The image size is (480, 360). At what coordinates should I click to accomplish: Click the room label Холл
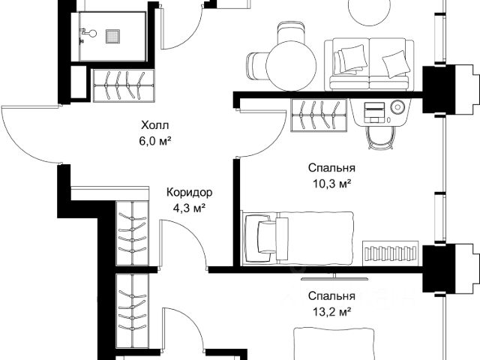[x=155, y=125]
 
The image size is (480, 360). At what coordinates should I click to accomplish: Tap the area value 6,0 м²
[x=154, y=141]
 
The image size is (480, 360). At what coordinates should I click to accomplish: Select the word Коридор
[x=189, y=193]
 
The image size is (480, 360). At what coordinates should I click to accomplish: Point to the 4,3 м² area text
[x=189, y=208]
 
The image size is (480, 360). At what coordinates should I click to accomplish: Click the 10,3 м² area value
[x=331, y=184]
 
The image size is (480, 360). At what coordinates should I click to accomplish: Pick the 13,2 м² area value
[x=331, y=312]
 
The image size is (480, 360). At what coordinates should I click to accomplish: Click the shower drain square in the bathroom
[x=112, y=37]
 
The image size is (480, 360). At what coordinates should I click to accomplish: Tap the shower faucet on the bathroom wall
[x=88, y=33]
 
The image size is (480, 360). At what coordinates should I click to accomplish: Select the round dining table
[x=291, y=65]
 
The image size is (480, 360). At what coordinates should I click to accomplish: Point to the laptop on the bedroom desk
[x=374, y=112]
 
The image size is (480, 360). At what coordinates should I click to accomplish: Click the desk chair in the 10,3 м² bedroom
[x=381, y=138]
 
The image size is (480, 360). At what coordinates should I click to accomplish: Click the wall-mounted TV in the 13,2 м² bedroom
[x=334, y=277]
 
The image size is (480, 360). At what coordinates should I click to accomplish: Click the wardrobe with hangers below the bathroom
[x=124, y=85]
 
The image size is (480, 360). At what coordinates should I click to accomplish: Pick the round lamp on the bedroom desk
[x=397, y=107]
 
